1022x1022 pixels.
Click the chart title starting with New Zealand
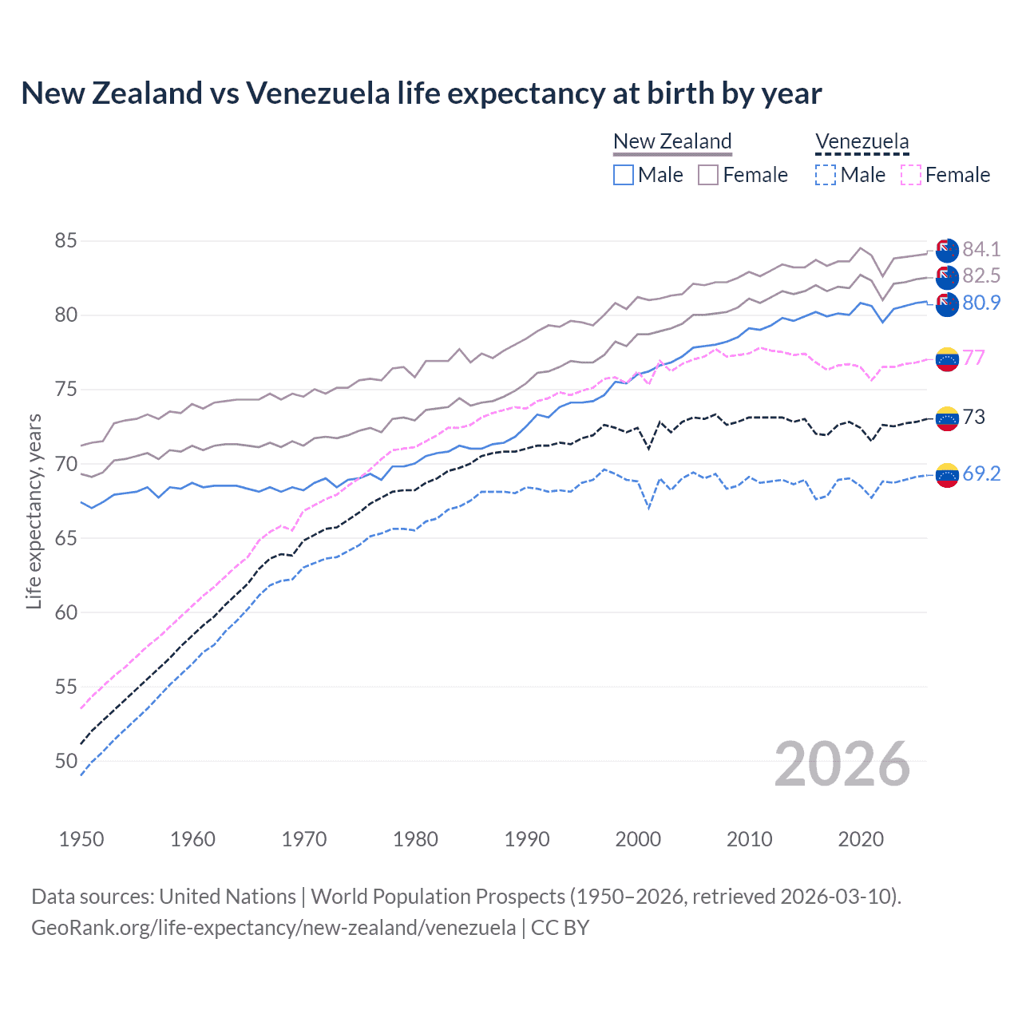tap(421, 93)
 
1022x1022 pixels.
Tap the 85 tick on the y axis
tap(66, 240)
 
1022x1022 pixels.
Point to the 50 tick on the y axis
tap(66, 761)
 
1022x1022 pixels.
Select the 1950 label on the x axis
tap(81, 839)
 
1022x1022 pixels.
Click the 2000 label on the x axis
tap(638, 839)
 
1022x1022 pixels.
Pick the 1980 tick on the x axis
tap(415, 839)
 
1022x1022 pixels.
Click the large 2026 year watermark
tap(842, 764)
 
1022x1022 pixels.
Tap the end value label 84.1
tap(981, 250)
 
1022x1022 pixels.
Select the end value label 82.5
tap(981, 276)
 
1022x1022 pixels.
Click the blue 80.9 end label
tap(981, 303)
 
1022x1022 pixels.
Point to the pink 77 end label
tap(973, 358)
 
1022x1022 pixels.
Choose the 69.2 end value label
tap(981, 473)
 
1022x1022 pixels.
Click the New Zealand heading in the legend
tap(672, 141)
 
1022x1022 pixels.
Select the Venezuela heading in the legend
tap(862, 141)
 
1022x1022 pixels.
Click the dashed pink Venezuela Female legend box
tap(910, 175)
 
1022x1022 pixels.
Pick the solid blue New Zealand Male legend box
tap(624, 175)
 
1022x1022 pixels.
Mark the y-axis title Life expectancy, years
tap(34, 511)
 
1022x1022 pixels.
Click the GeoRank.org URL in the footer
tap(273, 928)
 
